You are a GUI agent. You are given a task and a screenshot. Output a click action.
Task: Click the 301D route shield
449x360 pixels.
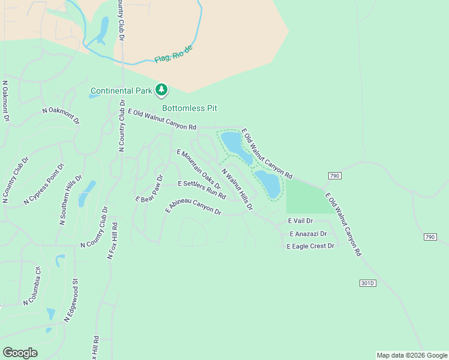[368, 283]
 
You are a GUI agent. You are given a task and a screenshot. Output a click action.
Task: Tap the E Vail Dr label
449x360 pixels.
[301, 221]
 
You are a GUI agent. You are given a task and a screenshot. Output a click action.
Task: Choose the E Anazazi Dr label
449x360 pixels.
[308, 234]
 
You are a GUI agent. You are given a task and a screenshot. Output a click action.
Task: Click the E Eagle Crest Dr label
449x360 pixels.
[310, 247]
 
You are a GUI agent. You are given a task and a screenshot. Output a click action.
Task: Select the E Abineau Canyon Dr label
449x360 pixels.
[194, 206]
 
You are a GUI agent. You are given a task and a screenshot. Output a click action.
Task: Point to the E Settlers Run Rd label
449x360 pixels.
[202, 188]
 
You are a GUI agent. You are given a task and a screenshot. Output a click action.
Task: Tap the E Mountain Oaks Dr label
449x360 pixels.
[199, 169]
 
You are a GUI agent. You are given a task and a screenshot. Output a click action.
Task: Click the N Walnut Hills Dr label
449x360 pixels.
[237, 189]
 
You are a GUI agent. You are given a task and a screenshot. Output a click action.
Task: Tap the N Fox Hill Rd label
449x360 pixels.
[112, 240]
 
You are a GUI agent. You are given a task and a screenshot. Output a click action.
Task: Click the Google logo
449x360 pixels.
[20, 353]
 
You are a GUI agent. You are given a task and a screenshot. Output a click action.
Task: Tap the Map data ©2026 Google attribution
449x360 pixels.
[412, 355]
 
